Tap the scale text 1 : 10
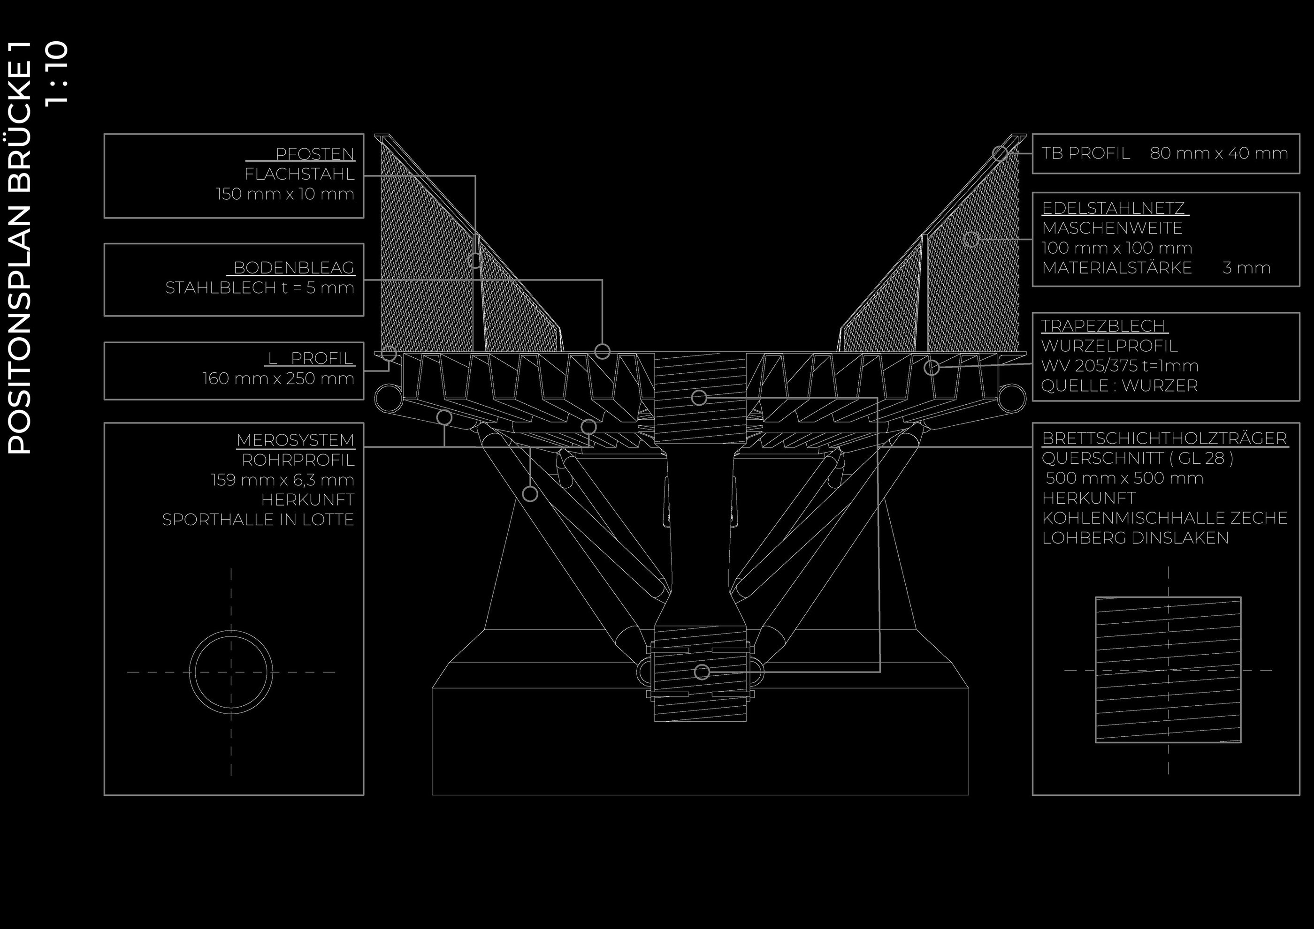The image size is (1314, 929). (x=58, y=73)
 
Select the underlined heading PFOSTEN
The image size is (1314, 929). (x=314, y=154)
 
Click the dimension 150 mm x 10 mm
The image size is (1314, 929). (x=285, y=194)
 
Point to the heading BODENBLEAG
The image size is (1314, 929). (x=294, y=268)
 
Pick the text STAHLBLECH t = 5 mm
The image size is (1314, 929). (x=260, y=288)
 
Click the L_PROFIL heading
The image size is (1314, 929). (x=311, y=358)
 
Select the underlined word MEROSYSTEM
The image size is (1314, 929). (x=295, y=440)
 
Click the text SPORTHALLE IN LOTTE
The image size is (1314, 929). (x=258, y=520)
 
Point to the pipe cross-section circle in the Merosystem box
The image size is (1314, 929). (x=230, y=672)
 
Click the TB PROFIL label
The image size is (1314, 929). (x=1085, y=153)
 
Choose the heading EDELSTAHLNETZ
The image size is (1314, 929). (x=1113, y=208)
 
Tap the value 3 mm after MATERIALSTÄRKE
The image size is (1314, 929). (x=1246, y=268)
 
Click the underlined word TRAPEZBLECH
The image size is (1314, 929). (x=1103, y=326)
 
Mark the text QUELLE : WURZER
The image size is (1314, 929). (x=1119, y=385)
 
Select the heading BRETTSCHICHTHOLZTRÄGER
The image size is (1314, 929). (x=1164, y=438)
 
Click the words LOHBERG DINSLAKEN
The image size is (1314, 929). (x=1135, y=538)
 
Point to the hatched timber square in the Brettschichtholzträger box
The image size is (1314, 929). (x=1168, y=669)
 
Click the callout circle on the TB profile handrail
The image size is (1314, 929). (x=1000, y=153)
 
